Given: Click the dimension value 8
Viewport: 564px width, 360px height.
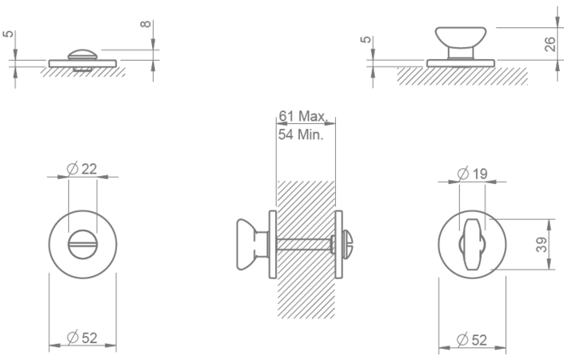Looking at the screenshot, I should click(145, 24).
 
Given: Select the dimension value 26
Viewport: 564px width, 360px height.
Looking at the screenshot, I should click(550, 44).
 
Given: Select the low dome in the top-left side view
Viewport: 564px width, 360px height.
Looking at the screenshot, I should click(82, 54).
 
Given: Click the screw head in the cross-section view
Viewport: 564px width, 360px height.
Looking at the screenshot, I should click(350, 245).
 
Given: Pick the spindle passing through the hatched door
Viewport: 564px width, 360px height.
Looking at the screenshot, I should click(304, 245).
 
